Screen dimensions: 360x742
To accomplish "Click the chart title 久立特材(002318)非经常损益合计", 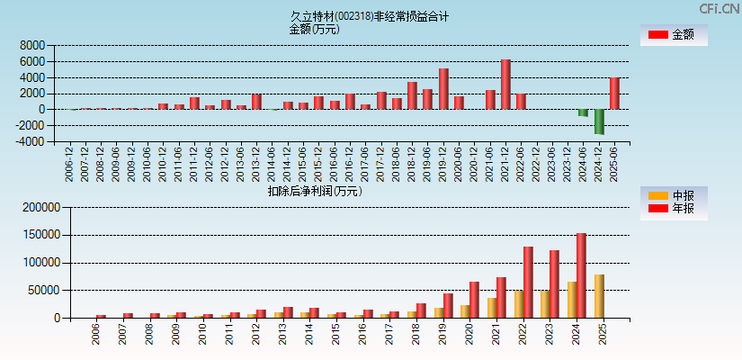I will click(370, 16).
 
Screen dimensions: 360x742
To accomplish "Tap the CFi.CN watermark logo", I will click(720, 9).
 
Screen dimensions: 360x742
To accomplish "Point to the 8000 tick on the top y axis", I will click(32, 45).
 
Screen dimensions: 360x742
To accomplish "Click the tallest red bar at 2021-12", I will click(505, 85).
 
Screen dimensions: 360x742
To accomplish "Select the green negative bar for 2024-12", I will click(599, 121).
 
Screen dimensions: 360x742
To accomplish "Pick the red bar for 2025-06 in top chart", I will click(614, 94).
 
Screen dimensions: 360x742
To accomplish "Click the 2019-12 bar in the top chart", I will click(443, 89).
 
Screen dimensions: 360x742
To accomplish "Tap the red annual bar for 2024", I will click(581, 275).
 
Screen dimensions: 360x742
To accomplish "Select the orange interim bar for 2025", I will click(599, 296).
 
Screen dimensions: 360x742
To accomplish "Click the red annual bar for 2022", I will click(528, 282).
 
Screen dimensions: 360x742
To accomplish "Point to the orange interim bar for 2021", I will click(492, 308).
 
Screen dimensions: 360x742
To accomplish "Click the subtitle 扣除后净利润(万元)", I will click(315, 191).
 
